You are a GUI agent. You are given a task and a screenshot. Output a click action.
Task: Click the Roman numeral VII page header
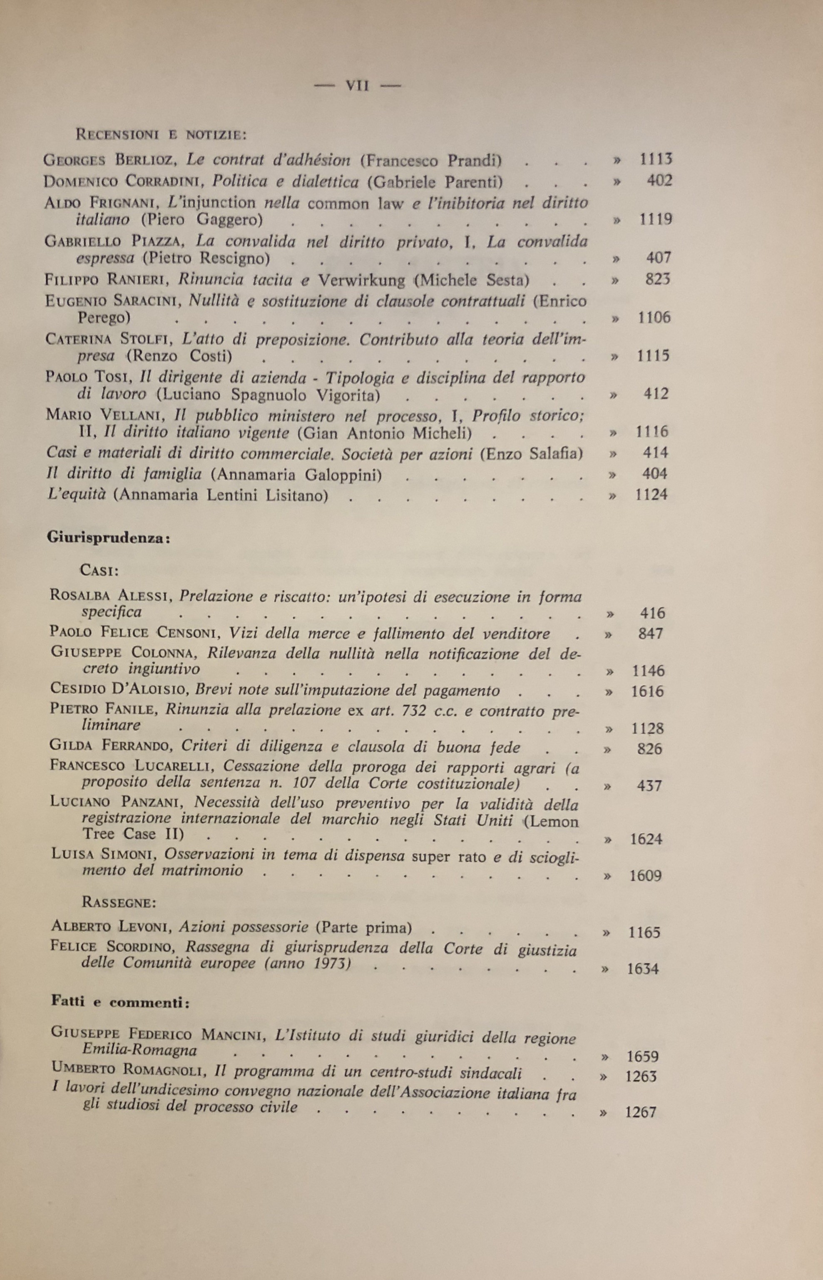[358, 85]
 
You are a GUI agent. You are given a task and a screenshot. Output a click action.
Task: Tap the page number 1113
[656, 159]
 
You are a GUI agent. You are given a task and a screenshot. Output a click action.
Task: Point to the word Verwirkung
[361, 280]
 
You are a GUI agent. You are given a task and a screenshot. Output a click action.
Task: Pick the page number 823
[658, 279]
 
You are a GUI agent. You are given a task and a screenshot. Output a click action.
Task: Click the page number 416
[652, 613]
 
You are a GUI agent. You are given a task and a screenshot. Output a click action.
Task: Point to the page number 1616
[647, 691]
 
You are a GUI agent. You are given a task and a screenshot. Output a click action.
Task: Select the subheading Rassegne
[119, 902]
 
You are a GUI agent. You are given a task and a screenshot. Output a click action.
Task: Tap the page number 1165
[644, 932]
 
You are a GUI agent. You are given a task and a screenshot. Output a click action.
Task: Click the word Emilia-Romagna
[139, 1050]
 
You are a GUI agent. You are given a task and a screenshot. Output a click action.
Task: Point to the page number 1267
[640, 1113]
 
